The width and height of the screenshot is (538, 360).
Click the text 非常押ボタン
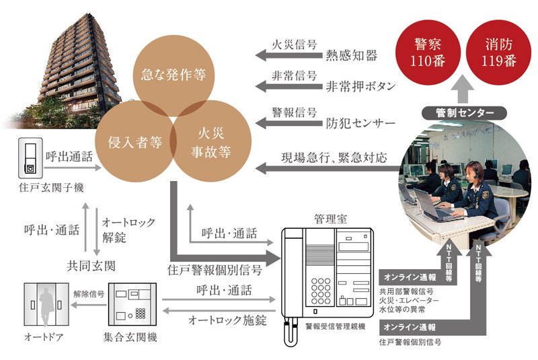360,86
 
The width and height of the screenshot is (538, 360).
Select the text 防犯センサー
360,124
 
